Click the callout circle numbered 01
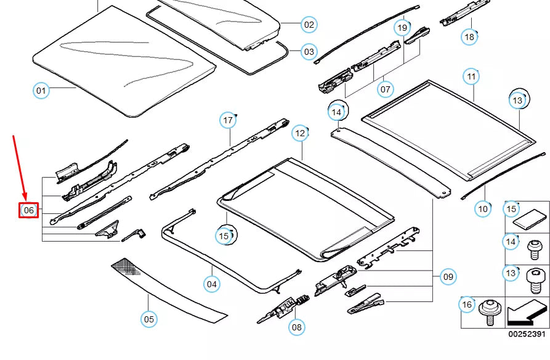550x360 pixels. coord(40,91)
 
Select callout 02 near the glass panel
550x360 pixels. coord(309,25)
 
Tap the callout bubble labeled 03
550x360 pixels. coord(309,52)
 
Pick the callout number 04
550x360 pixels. coord(212,284)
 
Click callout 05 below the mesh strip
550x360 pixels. coord(148,319)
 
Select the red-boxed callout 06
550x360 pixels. coord(29,210)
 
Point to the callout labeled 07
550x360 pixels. coord(385,89)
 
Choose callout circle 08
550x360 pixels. coord(296,327)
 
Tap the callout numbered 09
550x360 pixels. coord(448,277)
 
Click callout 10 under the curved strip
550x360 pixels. coord(483,209)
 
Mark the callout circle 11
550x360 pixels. coord(471,76)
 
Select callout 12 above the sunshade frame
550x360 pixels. coord(300,133)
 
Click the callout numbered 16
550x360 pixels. coord(467,305)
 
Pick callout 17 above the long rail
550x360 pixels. coord(228,120)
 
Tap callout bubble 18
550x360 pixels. coord(469,37)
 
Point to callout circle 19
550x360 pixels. coord(402,28)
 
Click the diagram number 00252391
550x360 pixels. coord(526,333)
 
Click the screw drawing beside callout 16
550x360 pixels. coord(491,312)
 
